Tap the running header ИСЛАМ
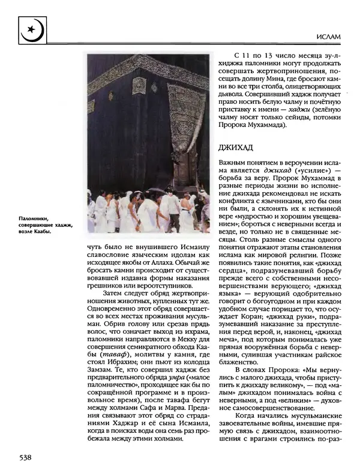(x=328, y=38)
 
